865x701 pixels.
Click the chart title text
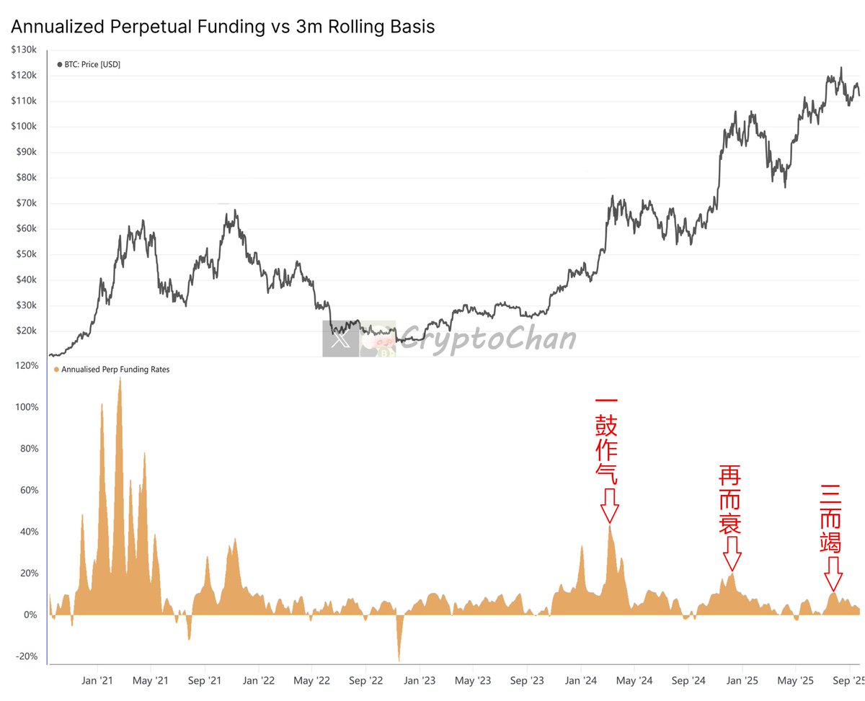pos(223,27)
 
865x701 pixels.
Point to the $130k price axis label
pos(25,50)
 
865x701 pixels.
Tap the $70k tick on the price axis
pos(27,203)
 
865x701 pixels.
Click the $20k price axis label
pos(27,331)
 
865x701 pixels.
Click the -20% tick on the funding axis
pos(26,656)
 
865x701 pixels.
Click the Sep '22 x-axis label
pos(366,681)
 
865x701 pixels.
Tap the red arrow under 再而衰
pos(732,553)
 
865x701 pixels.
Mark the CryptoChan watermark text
pos(487,339)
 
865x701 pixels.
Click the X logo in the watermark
pos(340,339)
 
